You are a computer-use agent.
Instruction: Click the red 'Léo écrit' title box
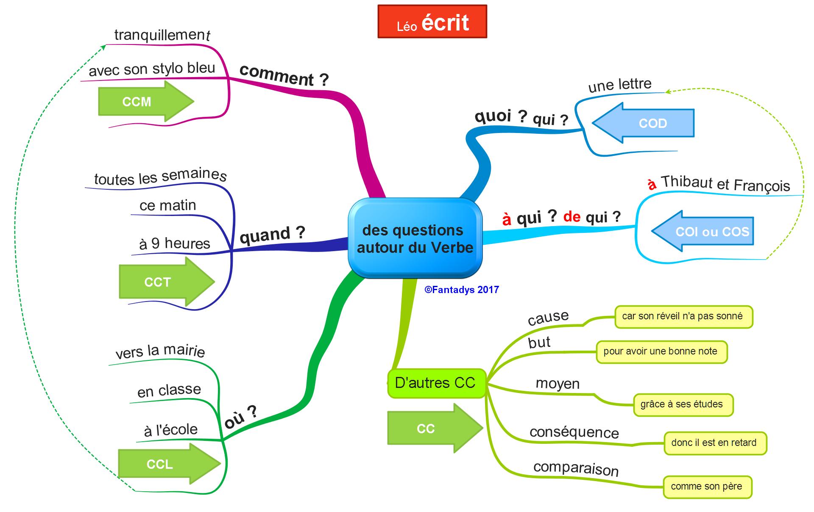(432, 22)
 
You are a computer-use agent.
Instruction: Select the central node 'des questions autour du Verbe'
(415, 238)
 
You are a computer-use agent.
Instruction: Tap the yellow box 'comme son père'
(707, 487)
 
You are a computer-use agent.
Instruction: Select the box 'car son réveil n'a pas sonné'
(683, 316)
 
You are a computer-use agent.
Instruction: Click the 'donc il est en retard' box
(714, 443)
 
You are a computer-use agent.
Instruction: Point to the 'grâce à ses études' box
(682, 404)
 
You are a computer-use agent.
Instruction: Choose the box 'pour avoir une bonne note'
(661, 351)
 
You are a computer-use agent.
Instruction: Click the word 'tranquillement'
(162, 35)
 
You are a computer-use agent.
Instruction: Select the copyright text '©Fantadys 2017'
(462, 290)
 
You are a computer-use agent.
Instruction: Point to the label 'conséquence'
(574, 432)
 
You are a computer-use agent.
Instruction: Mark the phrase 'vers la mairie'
(160, 351)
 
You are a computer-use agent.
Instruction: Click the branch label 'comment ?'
(284, 76)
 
